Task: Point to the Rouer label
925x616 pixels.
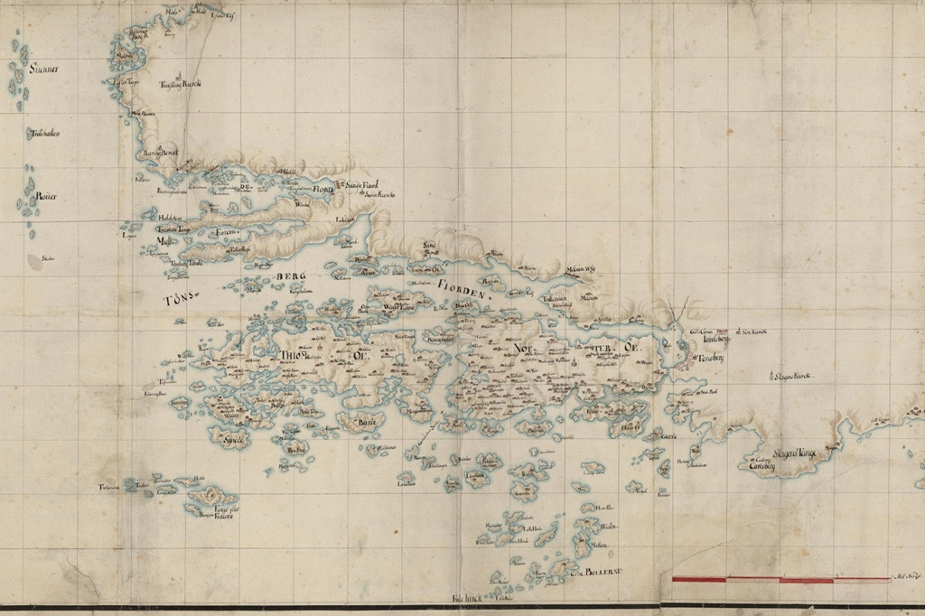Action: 46,196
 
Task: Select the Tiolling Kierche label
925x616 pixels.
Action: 180,84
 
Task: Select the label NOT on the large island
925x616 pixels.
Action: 524,349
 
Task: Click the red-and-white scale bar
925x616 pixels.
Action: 780,579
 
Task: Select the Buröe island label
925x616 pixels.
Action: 366,422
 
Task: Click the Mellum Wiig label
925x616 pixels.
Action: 581,269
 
